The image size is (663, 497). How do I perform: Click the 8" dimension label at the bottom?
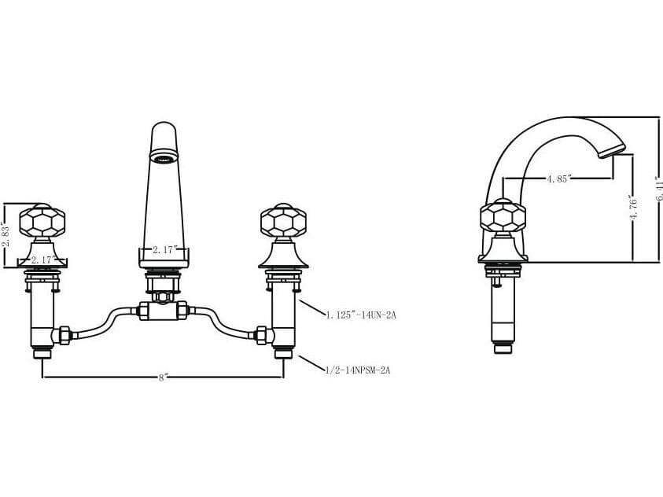(162, 377)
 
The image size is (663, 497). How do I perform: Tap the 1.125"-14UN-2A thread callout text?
(361, 315)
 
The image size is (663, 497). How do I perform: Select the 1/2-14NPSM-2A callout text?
(358, 369)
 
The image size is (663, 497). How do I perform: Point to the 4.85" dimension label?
(559, 179)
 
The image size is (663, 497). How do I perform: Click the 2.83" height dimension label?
(6, 234)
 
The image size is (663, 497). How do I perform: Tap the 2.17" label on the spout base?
(164, 250)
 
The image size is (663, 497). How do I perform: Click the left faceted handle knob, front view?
(42, 221)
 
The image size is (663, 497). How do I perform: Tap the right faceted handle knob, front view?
(283, 221)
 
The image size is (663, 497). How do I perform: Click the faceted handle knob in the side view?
(503, 217)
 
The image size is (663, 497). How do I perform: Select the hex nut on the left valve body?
(61, 335)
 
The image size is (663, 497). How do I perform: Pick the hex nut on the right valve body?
(263, 335)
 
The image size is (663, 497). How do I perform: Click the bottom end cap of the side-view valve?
(503, 348)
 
